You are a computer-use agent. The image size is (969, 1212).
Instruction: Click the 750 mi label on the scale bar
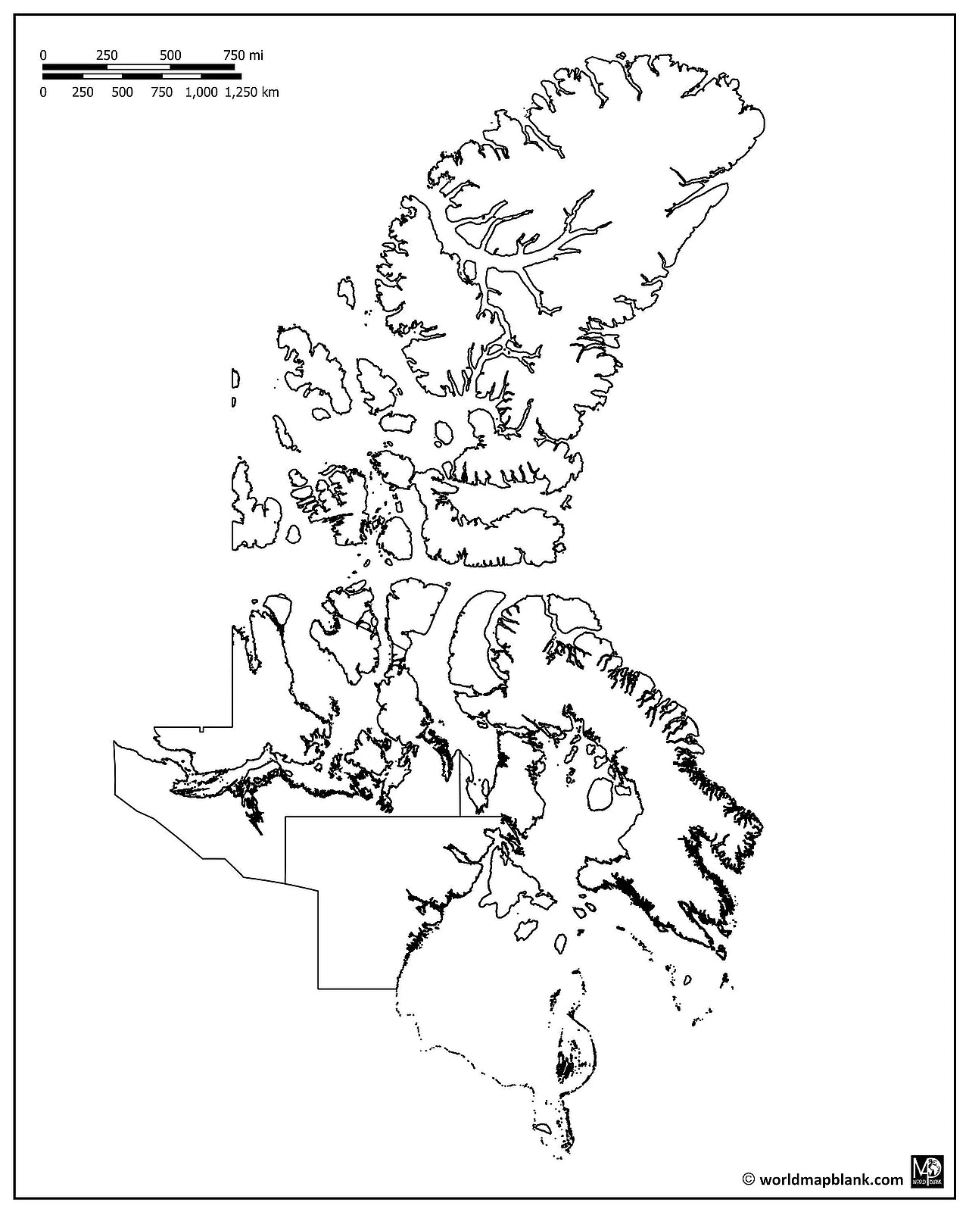tap(242, 55)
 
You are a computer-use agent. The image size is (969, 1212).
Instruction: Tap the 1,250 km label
tap(251, 92)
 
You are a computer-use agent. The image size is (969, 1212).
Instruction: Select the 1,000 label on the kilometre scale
tap(201, 92)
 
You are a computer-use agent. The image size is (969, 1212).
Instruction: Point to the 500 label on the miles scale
tap(170, 55)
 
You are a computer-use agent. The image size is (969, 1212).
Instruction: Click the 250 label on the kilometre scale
tap(83, 92)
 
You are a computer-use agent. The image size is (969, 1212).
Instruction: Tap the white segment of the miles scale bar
tap(139, 67)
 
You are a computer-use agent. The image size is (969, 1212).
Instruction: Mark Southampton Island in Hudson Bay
tap(519, 882)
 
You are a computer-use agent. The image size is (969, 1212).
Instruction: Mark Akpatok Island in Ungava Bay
tap(687, 979)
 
